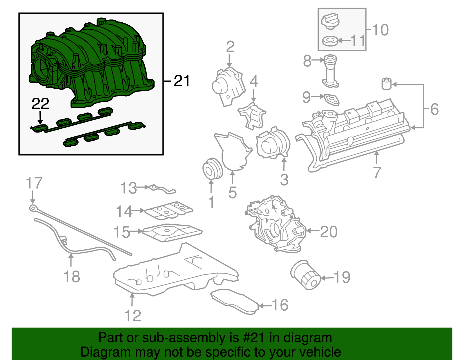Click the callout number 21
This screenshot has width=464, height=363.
182,81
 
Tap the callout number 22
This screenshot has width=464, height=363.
40,104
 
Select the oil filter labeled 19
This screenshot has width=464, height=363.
305,275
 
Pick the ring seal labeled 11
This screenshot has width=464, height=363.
330,41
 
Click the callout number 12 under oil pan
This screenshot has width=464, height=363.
133,316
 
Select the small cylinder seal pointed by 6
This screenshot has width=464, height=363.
386,84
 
